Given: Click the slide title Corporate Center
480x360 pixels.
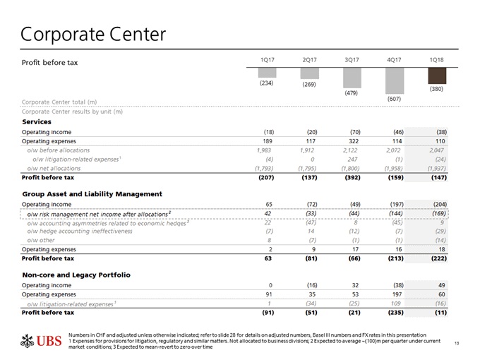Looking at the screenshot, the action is (93, 35).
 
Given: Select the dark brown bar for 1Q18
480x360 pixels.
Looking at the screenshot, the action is (437, 76).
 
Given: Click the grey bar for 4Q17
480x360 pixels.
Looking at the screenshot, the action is (395, 80).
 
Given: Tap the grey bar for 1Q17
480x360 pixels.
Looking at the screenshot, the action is (268, 73).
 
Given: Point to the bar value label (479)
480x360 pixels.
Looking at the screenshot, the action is (351, 92).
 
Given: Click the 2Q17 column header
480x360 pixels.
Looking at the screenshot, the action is (309, 60).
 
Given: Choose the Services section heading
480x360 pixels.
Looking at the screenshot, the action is (37, 122).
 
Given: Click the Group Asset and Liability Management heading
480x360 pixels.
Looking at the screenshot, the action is (92, 194).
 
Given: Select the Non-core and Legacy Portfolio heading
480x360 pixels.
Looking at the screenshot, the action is (76, 275).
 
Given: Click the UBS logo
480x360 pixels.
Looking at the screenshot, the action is (41, 341).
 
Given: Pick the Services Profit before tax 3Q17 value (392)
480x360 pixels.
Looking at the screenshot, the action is (353, 178).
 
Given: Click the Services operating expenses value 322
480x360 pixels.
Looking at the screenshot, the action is (354, 141).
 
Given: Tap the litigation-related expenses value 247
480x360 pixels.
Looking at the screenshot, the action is (352, 160).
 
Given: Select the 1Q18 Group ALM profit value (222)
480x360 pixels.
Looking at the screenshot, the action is (439, 258).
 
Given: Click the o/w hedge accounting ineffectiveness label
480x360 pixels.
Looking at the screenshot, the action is (80, 231).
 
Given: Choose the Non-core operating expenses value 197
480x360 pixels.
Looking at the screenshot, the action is (397, 294).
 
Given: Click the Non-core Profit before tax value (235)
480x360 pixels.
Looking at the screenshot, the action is (396, 313).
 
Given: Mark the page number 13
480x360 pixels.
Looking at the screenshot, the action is (457, 343).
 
